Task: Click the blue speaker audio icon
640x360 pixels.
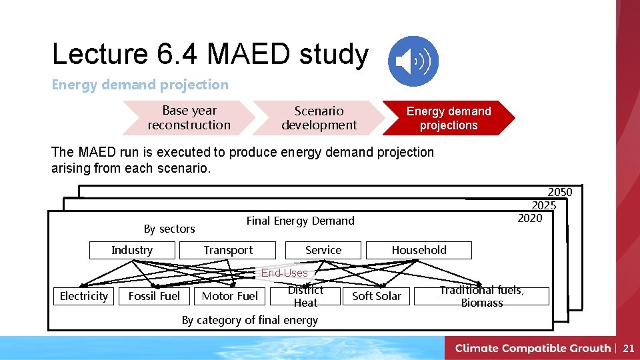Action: click(x=413, y=61)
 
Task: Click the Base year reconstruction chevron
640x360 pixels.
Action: click(x=189, y=118)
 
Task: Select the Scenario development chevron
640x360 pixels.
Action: click(x=319, y=118)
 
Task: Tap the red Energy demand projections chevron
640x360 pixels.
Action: click(x=449, y=118)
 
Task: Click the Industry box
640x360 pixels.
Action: click(x=132, y=250)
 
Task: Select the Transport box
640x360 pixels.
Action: click(x=228, y=250)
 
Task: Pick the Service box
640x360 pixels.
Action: click(x=323, y=250)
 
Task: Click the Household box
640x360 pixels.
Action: click(x=419, y=250)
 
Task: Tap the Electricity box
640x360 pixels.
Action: click(x=84, y=296)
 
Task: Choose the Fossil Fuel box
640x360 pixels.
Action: click(x=154, y=296)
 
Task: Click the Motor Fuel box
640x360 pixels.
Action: click(x=229, y=296)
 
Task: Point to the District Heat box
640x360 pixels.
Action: click(x=305, y=296)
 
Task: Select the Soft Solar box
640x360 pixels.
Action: click(x=377, y=296)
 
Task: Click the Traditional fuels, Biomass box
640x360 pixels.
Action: click(x=481, y=296)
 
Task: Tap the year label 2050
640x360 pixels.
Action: click(x=560, y=193)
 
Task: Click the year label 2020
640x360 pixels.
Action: click(x=530, y=218)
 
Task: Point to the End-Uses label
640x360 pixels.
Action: click(x=285, y=273)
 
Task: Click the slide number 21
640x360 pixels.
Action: click(x=628, y=348)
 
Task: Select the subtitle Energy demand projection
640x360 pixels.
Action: click(x=140, y=85)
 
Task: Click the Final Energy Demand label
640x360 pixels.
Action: click(x=301, y=221)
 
